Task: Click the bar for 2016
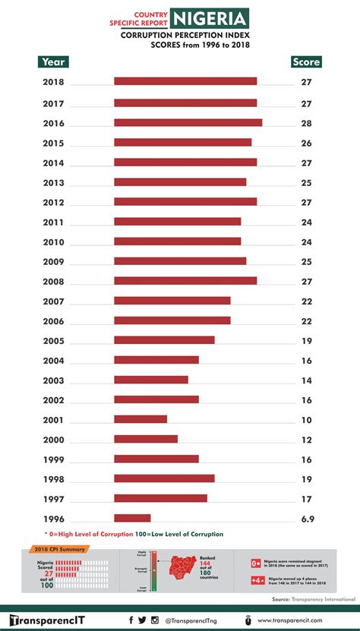pos(188,122)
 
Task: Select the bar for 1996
pos(132,518)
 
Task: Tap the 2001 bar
pos(141,419)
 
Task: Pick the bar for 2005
pos(164,340)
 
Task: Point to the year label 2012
pos(54,202)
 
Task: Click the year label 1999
pos(54,459)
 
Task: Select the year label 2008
pos(54,281)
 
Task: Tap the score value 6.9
pos(307,519)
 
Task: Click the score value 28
pos(307,123)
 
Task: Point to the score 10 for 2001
pos(307,420)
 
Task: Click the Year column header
pos(53,62)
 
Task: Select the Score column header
pos(306,62)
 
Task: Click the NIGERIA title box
pos(210,18)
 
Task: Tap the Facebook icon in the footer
pos(131,620)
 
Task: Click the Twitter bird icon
pos(142,620)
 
